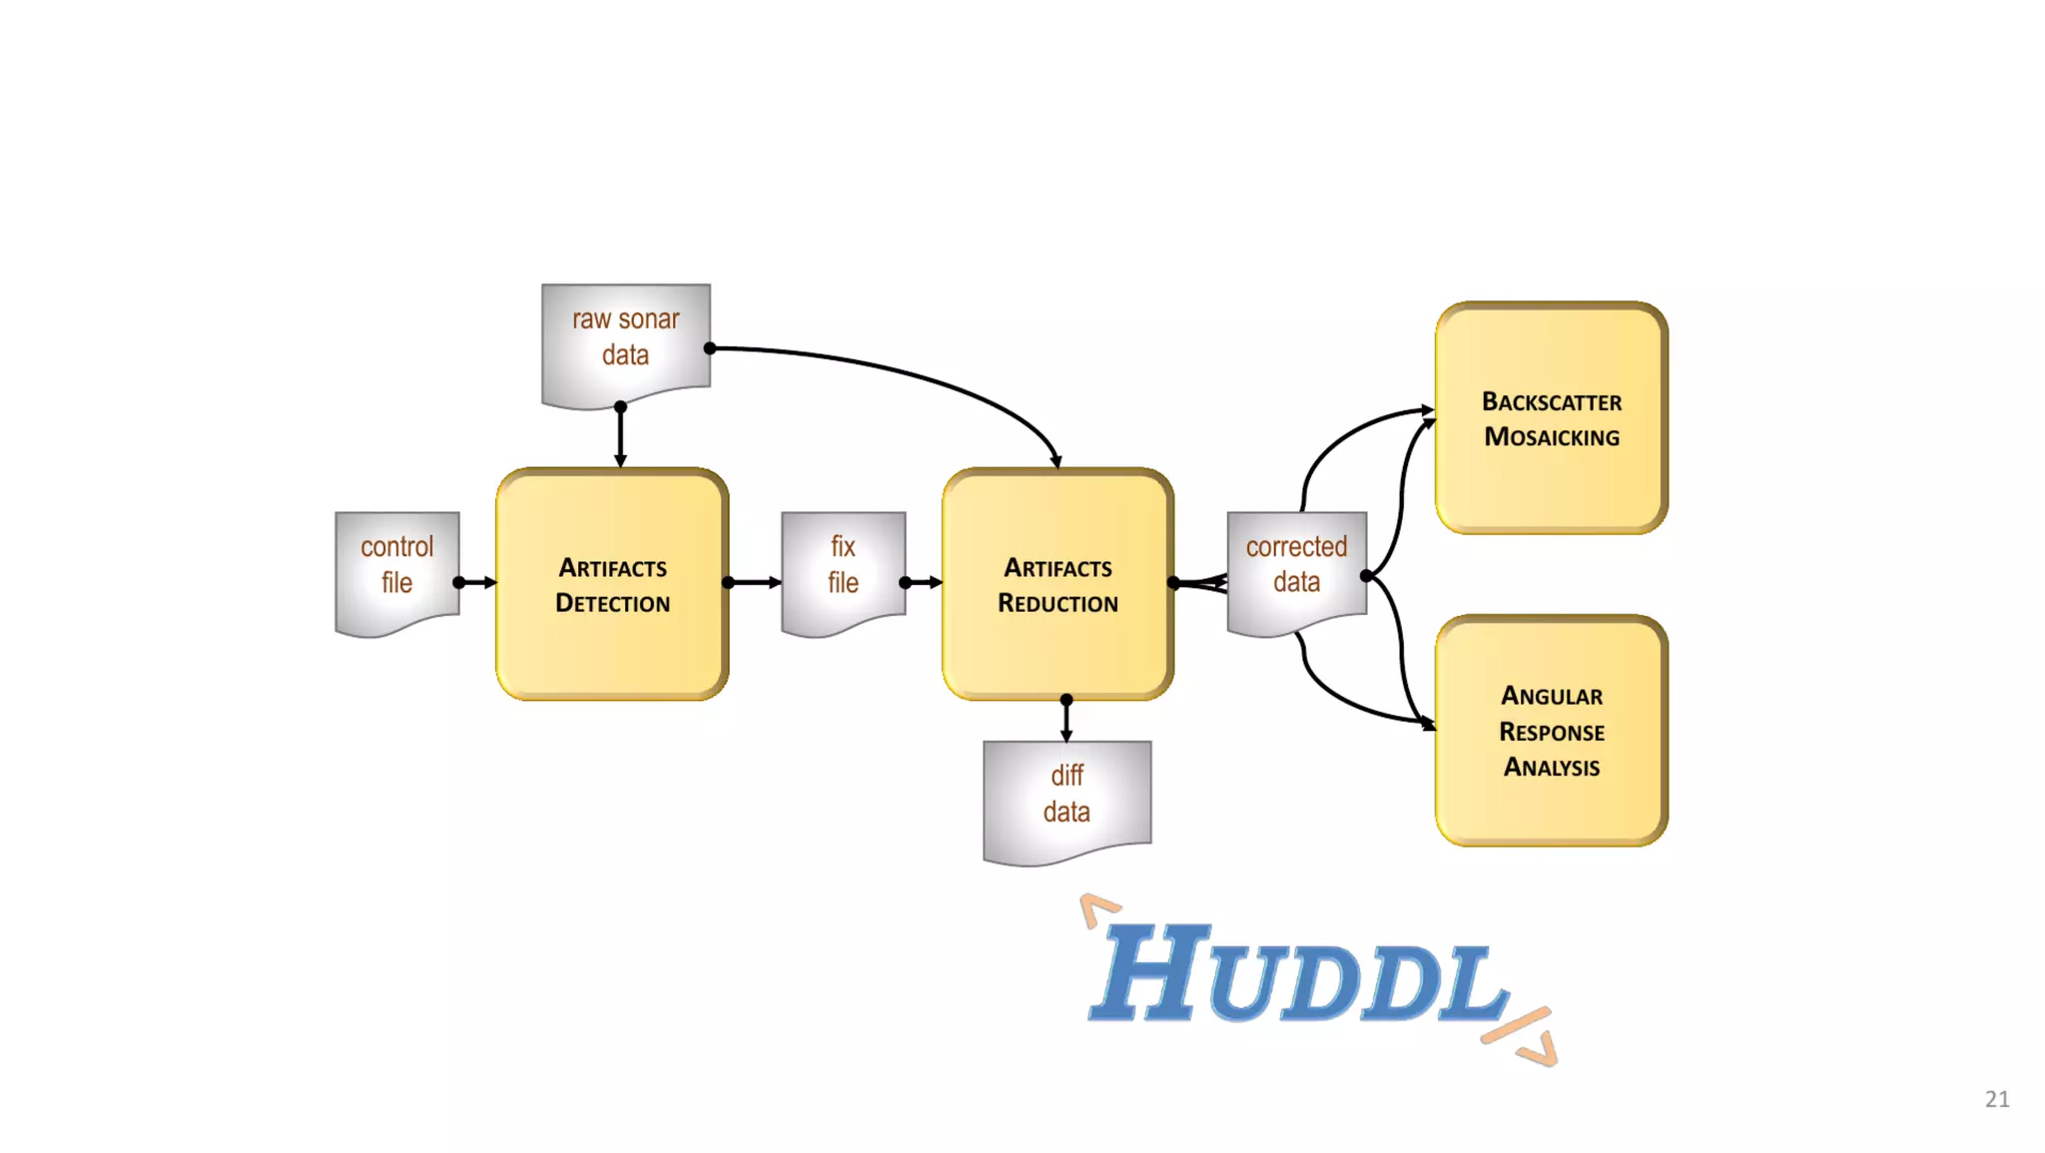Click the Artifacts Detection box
[612, 585]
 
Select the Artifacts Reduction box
[1057, 585]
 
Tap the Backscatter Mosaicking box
[1551, 418]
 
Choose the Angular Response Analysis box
[1551, 731]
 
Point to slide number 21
[1997, 1099]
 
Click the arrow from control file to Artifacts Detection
[477, 582]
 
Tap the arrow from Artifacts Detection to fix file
[755, 582]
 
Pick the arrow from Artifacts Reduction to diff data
[1066, 720]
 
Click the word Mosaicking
[1551, 437]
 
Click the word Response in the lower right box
[1551, 732]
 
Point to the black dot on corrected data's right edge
[1366, 576]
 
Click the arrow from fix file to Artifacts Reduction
[924, 582]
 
